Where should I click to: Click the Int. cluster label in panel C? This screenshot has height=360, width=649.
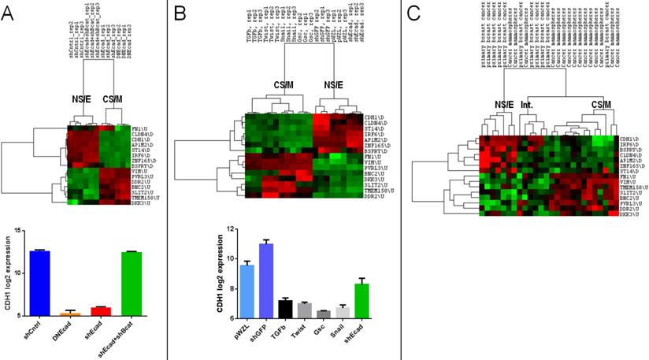[x=527, y=103]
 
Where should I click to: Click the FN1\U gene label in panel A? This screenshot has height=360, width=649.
[x=142, y=127]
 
